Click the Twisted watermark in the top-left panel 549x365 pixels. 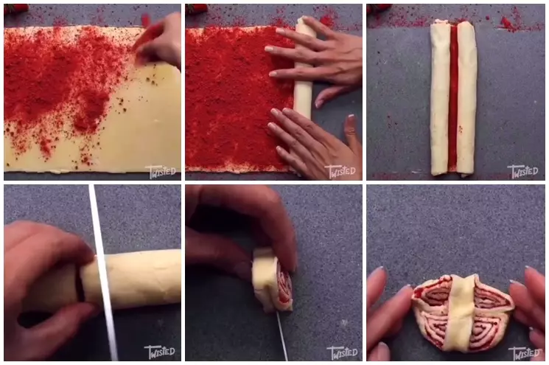[x=161, y=171]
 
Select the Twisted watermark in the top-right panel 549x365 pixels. [x=523, y=171]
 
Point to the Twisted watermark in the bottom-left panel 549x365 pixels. [x=161, y=352]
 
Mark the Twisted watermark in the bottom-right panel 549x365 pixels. [x=523, y=352]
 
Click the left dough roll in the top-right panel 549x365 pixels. [x=440, y=96]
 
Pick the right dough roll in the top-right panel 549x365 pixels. [x=466, y=96]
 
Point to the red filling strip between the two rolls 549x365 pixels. [x=452, y=96]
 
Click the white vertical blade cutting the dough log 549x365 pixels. [x=102, y=273]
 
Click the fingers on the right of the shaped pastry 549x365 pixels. [x=531, y=310]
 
